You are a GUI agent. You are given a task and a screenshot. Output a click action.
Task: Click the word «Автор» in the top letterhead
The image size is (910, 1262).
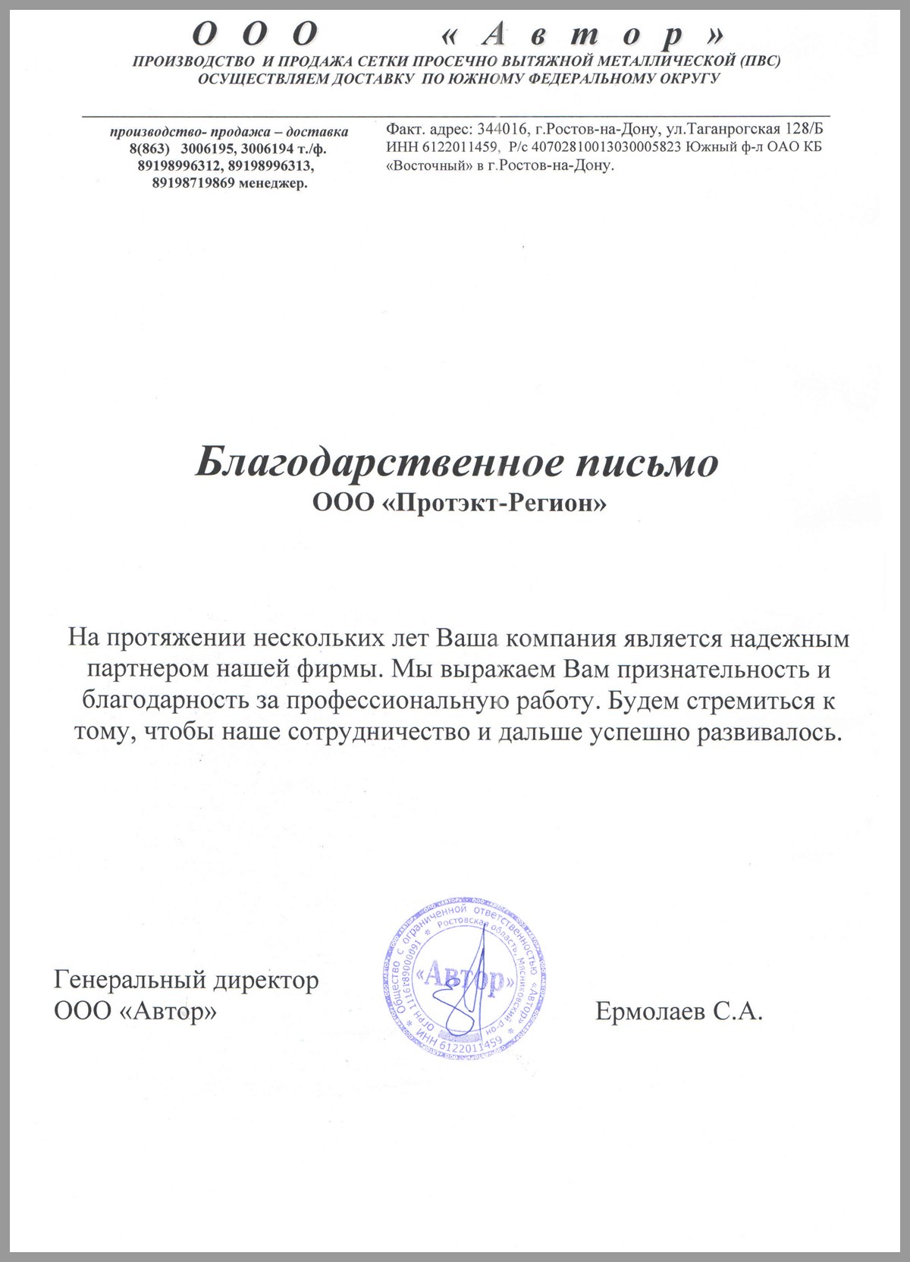click(x=582, y=34)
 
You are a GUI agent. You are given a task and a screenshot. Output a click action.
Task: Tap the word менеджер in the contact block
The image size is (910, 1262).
click(x=272, y=183)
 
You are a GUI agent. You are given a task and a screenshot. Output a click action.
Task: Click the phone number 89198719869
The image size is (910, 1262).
click(x=192, y=183)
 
